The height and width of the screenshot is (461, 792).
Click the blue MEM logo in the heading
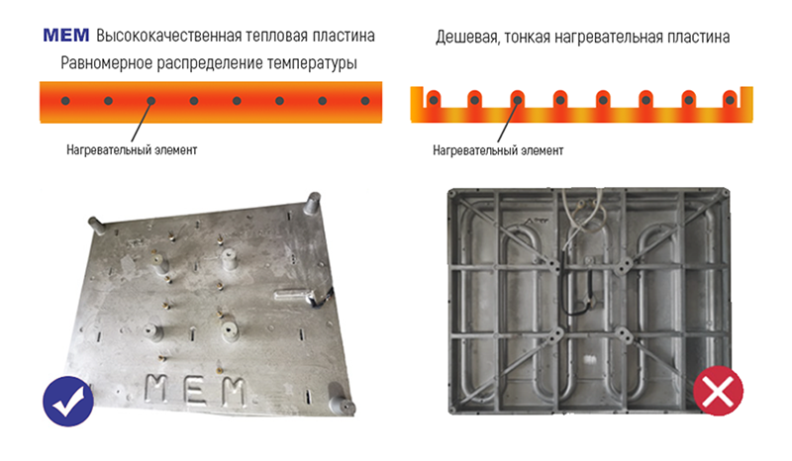66,36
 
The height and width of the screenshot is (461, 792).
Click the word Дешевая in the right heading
466,38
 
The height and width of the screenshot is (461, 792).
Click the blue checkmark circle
68,402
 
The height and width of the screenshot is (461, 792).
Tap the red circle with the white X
718,391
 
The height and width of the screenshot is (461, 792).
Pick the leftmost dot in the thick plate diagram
65,101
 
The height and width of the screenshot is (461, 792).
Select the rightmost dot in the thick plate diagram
365,101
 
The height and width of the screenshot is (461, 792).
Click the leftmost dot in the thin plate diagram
434,101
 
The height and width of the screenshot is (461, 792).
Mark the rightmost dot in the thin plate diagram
730,101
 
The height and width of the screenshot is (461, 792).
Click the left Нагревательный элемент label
132,150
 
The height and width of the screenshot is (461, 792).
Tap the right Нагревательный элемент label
498,150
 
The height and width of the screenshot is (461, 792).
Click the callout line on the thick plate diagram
142,121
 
